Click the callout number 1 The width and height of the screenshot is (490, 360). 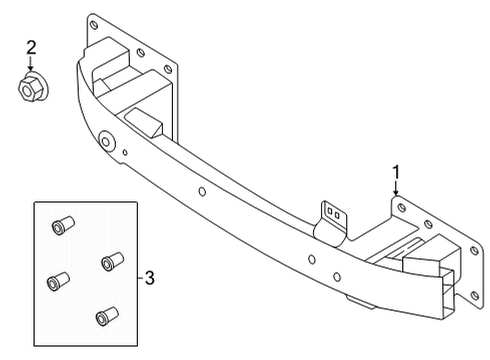pos(396,172)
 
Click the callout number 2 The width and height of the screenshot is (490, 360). pos(31,48)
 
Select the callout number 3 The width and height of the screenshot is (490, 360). pos(150,278)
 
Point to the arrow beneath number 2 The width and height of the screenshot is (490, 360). pos(31,64)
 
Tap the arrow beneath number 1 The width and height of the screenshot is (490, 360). pos(396,188)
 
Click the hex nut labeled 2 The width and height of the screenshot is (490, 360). pos(33,88)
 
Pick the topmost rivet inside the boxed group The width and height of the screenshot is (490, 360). pos(63,225)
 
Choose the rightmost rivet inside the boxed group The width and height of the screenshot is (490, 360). pos(113,261)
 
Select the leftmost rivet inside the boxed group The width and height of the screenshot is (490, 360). pos(58,282)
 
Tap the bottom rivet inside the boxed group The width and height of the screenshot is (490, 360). pos(107,316)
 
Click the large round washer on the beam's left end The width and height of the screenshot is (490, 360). pos(106,141)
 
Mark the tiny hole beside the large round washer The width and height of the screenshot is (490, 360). pos(125,153)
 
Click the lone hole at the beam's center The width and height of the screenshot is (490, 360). pos(202,191)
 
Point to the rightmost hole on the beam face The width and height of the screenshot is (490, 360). pos(337,277)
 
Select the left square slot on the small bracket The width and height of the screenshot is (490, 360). pos(330,211)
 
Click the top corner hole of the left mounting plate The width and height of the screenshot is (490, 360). pos(94,24)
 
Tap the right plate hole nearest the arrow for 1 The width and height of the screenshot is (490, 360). pos(402,208)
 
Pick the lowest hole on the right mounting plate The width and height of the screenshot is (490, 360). pos(475,295)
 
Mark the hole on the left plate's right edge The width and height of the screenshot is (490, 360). pos(168,69)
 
